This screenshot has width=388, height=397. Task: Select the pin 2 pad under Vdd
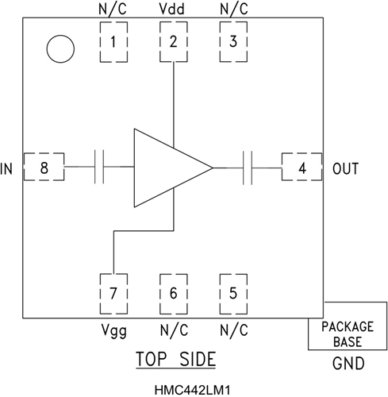[x=174, y=42]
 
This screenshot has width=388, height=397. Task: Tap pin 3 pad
[x=232, y=42]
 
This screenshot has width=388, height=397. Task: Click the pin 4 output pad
[x=302, y=168]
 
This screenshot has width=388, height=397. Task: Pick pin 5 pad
[x=232, y=293]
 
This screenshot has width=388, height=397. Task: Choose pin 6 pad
[x=174, y=293]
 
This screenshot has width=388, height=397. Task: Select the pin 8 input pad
[x=44, y=168]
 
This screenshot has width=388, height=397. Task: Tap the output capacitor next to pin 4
[x=248, y=168]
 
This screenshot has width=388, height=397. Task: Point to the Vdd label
[x=174, y=10]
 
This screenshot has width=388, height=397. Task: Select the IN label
[x=8, y=169]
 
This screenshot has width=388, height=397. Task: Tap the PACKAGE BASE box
[x=346, y=333]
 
